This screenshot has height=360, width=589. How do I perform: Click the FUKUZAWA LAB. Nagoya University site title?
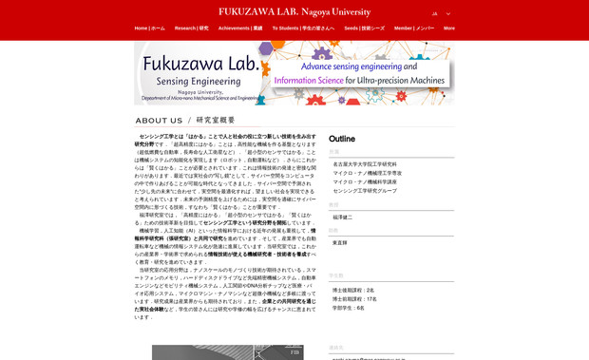294,11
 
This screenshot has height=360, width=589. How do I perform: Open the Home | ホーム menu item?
149,28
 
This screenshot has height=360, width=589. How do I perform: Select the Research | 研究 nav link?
191,28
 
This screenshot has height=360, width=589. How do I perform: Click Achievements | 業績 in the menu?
240,28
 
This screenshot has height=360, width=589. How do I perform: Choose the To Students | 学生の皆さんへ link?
303,28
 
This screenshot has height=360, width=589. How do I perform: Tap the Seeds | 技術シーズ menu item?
364,28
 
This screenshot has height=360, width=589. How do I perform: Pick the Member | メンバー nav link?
414,28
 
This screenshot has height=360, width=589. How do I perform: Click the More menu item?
449,28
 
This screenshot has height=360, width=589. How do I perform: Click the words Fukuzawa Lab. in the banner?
199,64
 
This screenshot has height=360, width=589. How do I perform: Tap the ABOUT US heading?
159,121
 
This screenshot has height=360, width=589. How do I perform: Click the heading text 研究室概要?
216,121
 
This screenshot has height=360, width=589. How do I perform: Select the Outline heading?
342,139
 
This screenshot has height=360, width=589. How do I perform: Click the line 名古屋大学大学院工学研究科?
367,164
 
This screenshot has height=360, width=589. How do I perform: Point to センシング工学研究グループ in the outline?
365,191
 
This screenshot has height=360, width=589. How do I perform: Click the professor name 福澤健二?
342,217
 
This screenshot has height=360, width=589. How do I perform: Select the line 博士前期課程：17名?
354,299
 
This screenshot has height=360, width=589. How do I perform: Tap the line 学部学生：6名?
348,308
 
